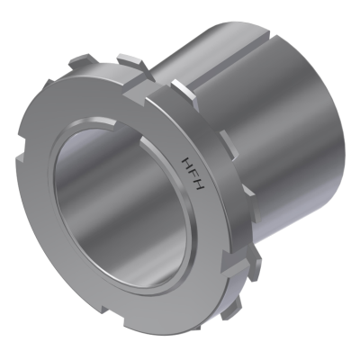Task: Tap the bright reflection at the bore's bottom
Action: point(135,261)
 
